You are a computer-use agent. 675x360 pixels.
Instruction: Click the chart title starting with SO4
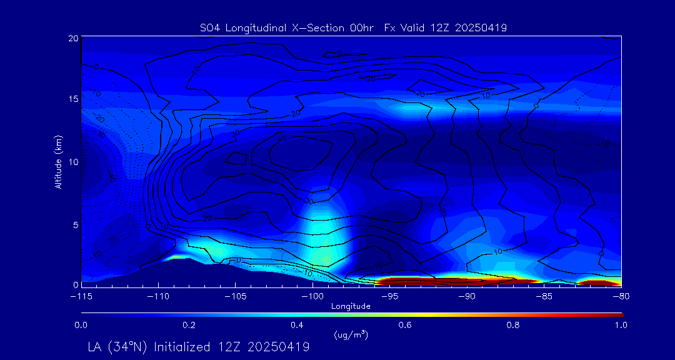click(x=353, y=27)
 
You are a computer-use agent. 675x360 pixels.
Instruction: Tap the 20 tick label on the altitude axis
click(x=73, y=38)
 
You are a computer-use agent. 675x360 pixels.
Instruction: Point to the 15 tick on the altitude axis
click(x=73, y=99)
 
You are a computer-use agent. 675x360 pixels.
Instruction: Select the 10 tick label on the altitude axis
click(x=73, y=161)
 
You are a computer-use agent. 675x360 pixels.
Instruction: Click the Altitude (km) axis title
click(x=58, y=161)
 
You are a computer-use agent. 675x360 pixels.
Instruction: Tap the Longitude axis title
click(x=351, y=306)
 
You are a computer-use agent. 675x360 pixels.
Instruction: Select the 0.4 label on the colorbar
click(x=297, y=325)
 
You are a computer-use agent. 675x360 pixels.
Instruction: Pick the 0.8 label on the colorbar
click(x=513, y=325)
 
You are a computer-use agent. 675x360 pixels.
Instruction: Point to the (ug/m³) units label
click(x=351, y=335)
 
